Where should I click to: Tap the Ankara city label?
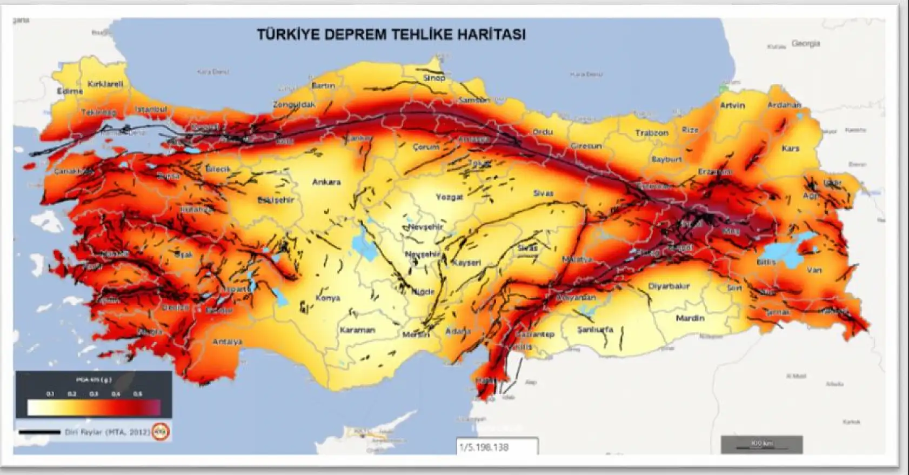326,182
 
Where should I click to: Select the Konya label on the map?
327,298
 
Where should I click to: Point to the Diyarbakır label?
669,286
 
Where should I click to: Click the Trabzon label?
651,132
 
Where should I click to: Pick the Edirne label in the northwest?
70,91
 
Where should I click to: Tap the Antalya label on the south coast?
227,342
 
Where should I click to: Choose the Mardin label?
690,318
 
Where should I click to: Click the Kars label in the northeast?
790,148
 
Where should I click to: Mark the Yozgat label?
449,197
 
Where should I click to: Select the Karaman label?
357,330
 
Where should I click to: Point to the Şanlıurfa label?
595,329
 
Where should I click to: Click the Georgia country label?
805,43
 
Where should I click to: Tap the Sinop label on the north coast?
434,78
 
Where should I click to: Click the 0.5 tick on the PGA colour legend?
138,394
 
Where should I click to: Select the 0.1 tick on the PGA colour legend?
50,394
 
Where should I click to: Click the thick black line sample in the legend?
39,432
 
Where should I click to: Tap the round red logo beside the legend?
160,432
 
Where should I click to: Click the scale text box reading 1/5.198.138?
497,447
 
